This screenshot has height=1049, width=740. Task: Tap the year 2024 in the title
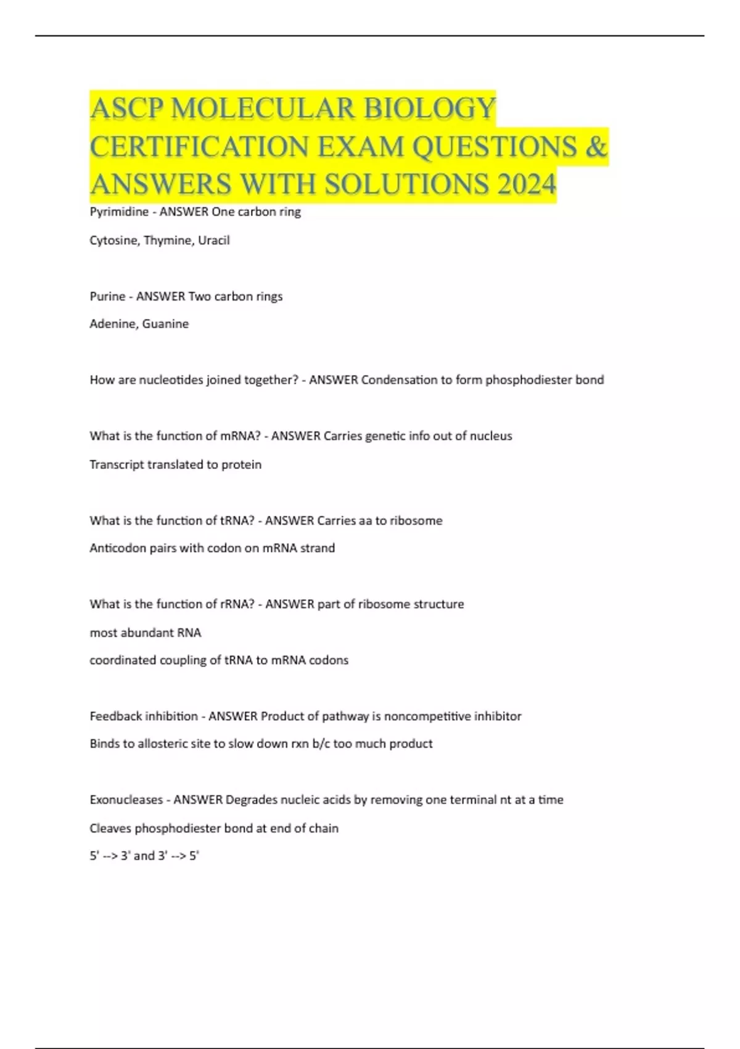pyautogui.click(x=526, y=184)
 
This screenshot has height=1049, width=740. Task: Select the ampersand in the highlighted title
pyautogui.click(x=596, y=146)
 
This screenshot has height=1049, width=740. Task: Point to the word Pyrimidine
pyautogui.click(x=119, y=212)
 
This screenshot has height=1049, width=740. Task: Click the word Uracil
pyautogui.click(x=213, y=241)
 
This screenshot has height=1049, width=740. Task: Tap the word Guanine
pyautogui.click(x=165, y=324)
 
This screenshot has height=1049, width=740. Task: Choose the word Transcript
pyautogui.click(x=116, y=465)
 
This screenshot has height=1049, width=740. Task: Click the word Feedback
pyautogui.click(x=115, y=716)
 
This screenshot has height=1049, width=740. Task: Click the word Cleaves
pyautogui.click(x=110, y=829)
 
